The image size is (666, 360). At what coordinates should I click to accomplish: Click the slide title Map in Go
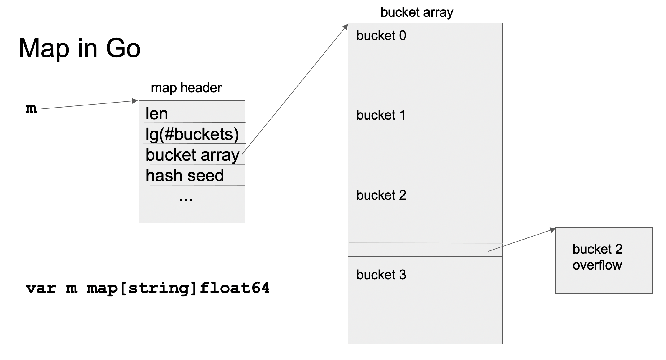(80, 49)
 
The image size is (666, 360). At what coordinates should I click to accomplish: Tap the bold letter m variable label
(31, 108)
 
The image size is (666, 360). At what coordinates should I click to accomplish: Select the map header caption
(186, 88)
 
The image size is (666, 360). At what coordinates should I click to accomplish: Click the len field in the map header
(157, 114)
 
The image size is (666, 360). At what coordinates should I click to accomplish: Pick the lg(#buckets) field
(192, 134)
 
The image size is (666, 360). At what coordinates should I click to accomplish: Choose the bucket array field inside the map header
(192, 155)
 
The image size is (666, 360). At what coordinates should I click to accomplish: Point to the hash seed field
(185, 176)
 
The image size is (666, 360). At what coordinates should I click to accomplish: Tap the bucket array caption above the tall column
(417, 13)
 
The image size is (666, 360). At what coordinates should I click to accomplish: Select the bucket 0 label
(381, 36)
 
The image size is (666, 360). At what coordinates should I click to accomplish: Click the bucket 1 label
(381, 115)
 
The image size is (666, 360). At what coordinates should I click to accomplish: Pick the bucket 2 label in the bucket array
(381, 195)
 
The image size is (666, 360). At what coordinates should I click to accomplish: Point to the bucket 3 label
(381, 275)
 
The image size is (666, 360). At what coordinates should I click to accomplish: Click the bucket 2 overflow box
(604, 260)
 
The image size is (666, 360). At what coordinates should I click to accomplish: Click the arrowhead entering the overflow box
(553, 230)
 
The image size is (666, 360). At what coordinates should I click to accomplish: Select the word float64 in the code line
(235, 288)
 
